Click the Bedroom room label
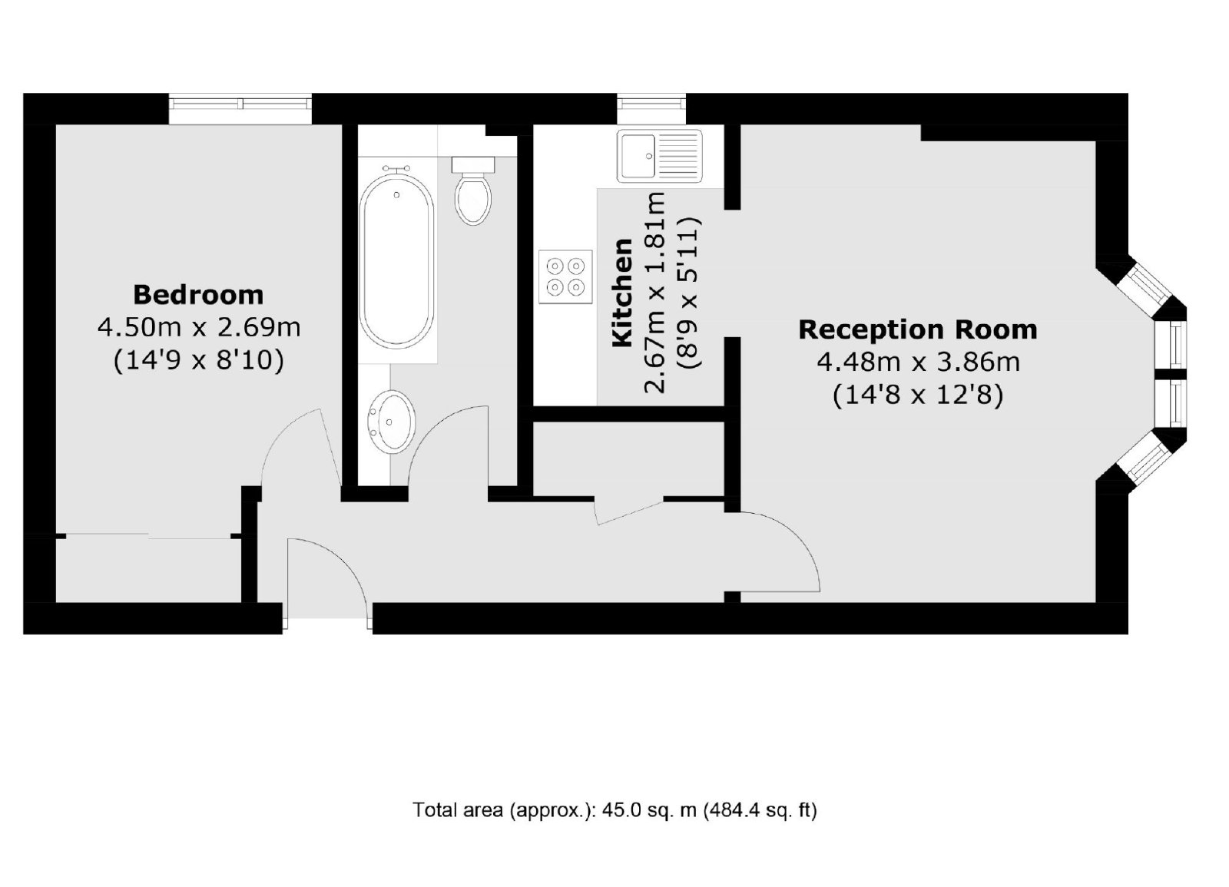click(198, 295)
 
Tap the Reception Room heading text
click(918, 329)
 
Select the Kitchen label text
click(623, 293)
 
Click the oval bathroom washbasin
click(391, 422)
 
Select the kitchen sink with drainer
click(660, 156)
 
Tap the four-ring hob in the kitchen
click(565, 276)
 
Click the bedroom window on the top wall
click(240, 108)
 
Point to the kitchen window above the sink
click(651, 108)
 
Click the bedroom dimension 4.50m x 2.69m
click(199, 328)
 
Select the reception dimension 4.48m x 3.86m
click(919, 362)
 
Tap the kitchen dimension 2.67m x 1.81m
click(654, 293)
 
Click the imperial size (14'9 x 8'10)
click(199, 361)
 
